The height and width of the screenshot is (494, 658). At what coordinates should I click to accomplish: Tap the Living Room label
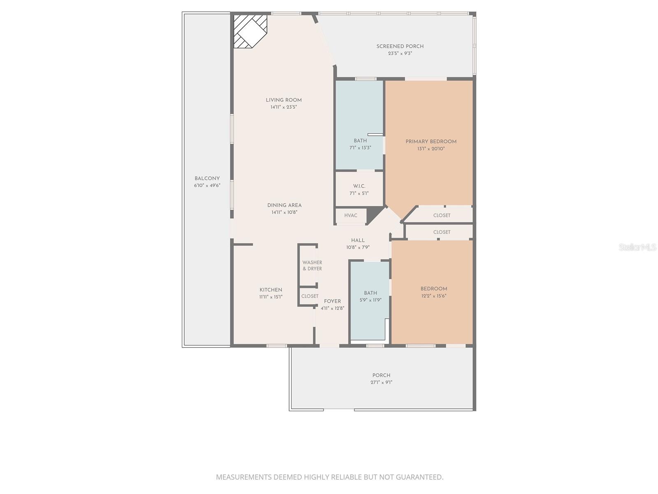(284, 100)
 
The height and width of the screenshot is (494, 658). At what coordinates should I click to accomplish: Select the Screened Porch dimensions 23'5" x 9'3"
(400, 54)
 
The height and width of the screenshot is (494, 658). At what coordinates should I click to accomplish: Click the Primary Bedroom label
(431, 142)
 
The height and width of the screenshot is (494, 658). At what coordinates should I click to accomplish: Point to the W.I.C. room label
(359, 186)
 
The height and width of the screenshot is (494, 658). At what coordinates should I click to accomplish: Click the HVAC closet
(350, 216)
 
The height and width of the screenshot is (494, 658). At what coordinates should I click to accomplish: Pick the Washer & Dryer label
(312, 266)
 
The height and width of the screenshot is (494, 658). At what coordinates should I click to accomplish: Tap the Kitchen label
(271, 290)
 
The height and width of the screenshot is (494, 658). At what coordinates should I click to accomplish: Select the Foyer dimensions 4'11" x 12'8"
(332, 308)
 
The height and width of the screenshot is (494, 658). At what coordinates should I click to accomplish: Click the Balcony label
(207, 179)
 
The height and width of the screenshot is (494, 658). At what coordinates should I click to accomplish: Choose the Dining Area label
(284, 205)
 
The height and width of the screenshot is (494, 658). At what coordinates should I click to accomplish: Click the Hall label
(358, 240)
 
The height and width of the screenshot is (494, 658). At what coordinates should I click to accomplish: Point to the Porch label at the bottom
(381, 375)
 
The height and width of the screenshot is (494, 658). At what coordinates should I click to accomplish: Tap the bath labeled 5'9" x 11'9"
(370, 296)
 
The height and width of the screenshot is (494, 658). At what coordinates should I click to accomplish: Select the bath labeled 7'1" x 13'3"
(360, 144)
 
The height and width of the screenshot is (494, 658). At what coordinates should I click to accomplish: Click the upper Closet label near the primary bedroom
(442, 216)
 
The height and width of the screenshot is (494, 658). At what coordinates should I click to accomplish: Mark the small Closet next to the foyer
(310, 296)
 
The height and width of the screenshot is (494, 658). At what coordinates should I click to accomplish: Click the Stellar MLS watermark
(637, 247)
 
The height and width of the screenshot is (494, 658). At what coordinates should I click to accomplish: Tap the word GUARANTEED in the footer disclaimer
(419, 477)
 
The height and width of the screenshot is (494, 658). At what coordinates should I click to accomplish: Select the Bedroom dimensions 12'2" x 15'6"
(433, 296)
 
